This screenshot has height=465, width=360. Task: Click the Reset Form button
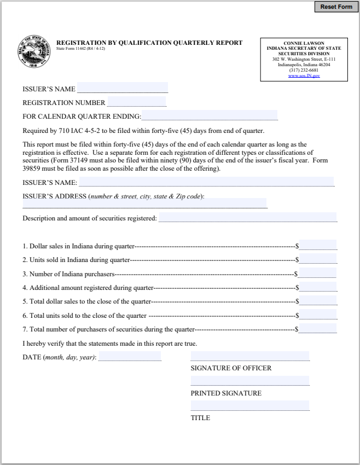(336, 7)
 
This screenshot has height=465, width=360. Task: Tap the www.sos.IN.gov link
(304, 75)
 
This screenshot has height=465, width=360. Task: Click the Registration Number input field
(137, 102)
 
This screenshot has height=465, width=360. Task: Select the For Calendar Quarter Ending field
(210, 115)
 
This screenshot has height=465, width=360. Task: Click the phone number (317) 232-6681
(304, 70)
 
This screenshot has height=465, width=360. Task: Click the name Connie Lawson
(304, 43)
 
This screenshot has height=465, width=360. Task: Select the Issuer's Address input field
(144, 203)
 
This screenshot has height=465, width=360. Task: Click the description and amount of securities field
(247, 217)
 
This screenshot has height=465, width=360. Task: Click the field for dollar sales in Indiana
(317, 245)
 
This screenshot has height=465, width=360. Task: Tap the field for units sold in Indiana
(317, 259)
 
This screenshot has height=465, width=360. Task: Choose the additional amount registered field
(317, 287)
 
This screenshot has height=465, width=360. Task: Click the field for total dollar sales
(317, 301)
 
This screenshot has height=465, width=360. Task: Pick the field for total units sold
(317, 315)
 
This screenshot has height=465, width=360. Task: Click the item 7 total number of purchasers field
(317, 329)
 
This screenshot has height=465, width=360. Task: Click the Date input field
(130, 356)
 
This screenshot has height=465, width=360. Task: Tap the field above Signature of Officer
(250, 356)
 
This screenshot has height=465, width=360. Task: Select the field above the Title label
(250, 406)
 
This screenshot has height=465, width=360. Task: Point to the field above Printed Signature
(250, 381)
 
